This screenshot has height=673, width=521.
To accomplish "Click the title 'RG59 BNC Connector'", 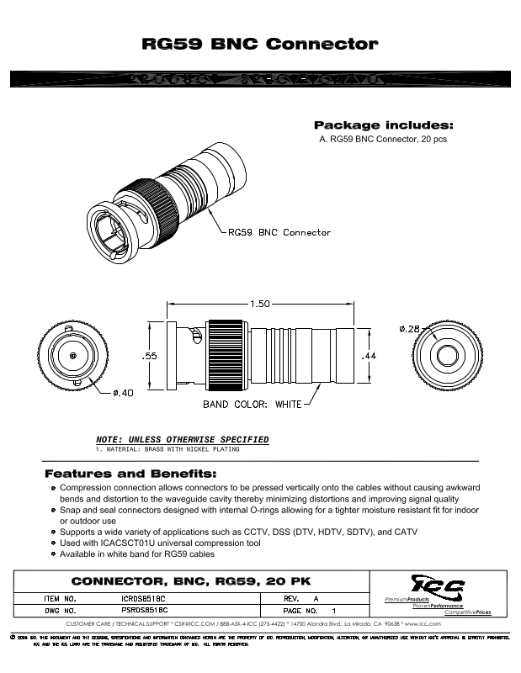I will (x=260, y=43).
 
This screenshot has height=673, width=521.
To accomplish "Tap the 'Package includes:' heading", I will (x=383, y=125).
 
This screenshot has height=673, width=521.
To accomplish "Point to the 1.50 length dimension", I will (x=259, y=304).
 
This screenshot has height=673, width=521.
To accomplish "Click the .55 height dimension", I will (x=149, y=356).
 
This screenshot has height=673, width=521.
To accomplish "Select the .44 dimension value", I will (x=368, y=357).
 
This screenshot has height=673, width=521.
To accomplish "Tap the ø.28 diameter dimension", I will (x=408, y=328).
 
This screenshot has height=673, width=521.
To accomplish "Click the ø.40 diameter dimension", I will (x=124, y=392).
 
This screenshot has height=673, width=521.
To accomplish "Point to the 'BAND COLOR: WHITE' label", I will (x=252, y=405).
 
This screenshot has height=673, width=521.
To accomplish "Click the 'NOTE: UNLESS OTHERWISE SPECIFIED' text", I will (x=183, y=440).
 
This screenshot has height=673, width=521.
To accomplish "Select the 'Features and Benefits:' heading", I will (x=130, y=474).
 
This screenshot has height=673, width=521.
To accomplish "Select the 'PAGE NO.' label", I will (x=300, y=610).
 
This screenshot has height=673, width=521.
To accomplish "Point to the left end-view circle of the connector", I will (x=74, y=357).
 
